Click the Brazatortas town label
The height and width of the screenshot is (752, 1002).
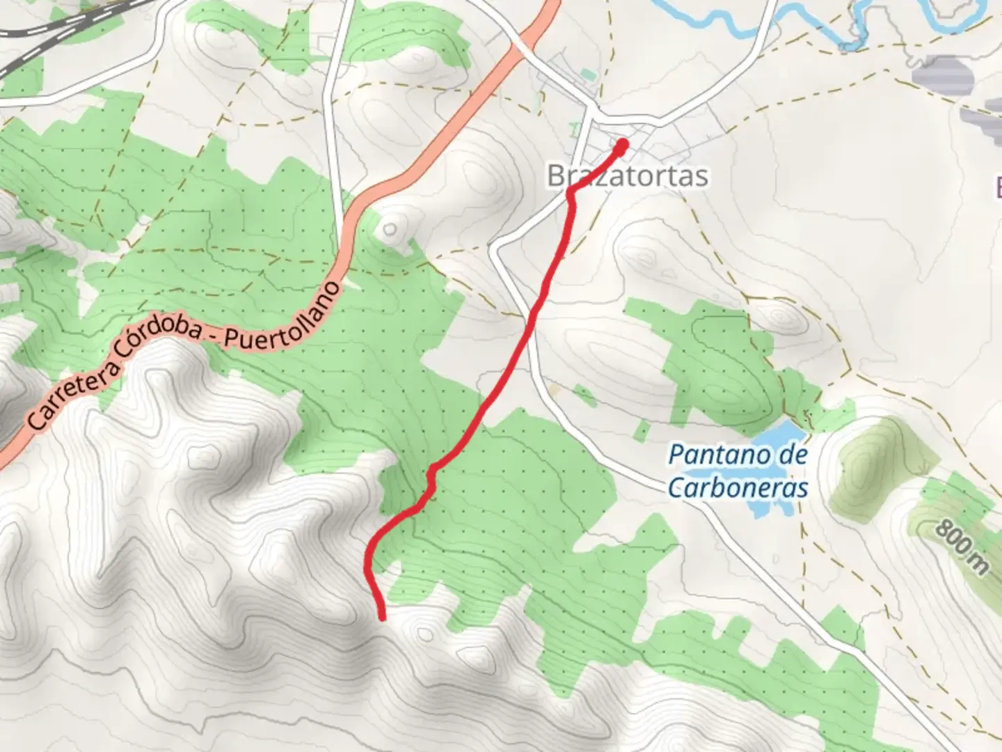coord(627,175)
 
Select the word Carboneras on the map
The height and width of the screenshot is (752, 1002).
coord(738,487)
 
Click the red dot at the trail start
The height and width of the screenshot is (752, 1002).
coord(621,145)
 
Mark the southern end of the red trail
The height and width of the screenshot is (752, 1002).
coord(382,616)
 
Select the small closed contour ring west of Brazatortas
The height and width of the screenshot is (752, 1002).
coord(390,229)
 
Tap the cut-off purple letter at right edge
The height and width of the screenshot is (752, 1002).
coord(996,186)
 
